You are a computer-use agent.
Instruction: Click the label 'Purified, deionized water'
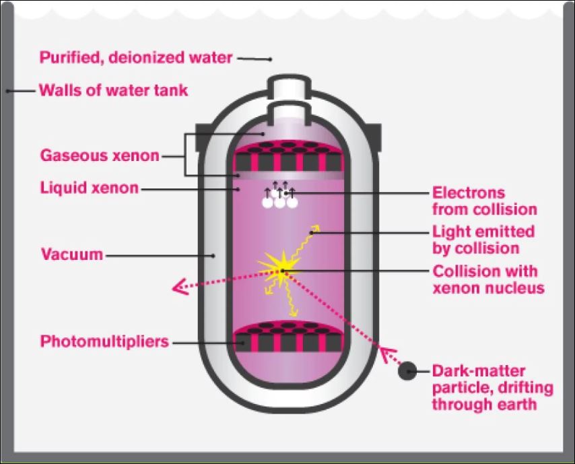coord(136,58)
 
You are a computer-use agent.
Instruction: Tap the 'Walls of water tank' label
coord(113,90)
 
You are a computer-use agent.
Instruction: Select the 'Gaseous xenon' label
coord(100,156)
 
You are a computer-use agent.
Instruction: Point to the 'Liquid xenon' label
coord(90,188)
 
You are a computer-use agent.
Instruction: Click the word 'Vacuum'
coord(72,254)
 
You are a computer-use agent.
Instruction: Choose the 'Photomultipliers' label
coord(104,341)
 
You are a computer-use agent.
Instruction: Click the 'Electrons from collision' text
coord(484,201)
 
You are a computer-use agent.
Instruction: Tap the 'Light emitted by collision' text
coord(483,240)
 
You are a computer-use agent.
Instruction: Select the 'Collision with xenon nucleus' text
coord(488,279)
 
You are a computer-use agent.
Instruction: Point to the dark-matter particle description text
coord(492,387)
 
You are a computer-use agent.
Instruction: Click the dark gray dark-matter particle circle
coord(407,371)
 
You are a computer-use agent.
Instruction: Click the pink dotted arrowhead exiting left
coord(180,286)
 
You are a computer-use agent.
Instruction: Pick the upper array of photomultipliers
coord(289,156)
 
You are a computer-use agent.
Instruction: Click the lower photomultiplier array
coord(289,336)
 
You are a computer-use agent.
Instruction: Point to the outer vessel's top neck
coord(290,87)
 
